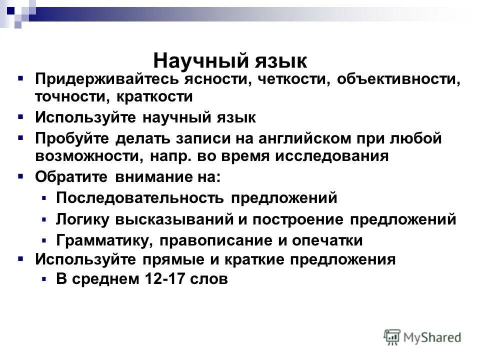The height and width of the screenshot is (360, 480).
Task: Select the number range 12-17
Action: tap(160, 279)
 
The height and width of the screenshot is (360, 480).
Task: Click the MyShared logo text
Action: tap(433, 337)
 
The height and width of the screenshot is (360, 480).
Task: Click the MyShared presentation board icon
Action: tap(392, 336)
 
